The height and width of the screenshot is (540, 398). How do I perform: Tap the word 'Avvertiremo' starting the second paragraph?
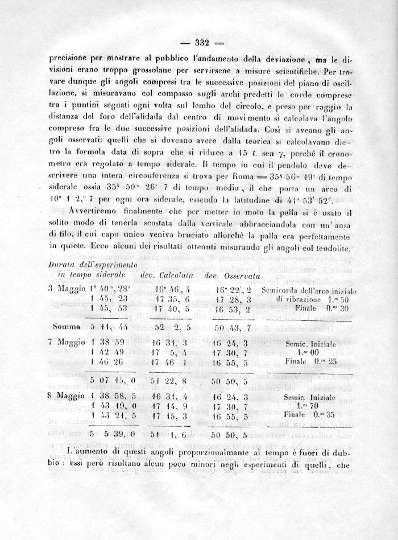[93, 212]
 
